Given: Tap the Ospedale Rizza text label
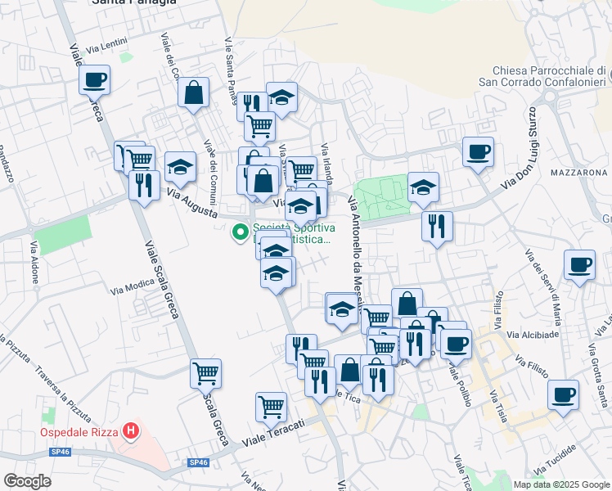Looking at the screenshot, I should point(79,432).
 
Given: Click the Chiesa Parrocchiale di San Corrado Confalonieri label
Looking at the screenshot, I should point(542,76).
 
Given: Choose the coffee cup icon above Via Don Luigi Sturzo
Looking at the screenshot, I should point(478,151).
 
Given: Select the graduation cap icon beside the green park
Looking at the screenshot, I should point(423,187).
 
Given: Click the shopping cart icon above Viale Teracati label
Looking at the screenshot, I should point(271,405).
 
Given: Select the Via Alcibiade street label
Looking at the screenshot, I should point(533,334).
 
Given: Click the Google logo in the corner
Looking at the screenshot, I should point(26,481).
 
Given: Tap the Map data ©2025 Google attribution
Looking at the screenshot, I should point(560,484).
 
